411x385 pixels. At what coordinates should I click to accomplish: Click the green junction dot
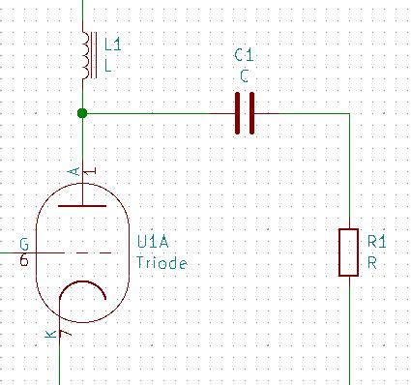coord(82,113)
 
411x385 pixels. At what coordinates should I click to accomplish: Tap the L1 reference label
coord(112,45)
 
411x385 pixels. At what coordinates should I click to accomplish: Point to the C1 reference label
coord(245,56)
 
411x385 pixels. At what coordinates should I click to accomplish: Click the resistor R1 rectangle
coord(349,252)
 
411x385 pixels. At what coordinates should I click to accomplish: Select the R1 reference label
coord(377,241)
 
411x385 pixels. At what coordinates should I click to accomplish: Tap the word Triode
coord(161,262)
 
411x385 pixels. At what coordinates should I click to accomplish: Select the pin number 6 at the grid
coord(23,260)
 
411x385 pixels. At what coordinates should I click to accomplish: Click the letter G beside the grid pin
coord(23,243)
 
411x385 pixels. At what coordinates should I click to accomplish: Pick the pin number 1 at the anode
coord(92,172)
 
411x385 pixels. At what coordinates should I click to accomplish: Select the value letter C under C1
coord(245,75)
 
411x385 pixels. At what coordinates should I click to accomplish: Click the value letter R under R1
coord(372,261)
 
